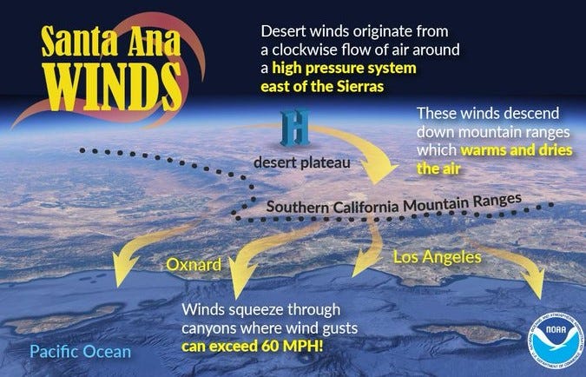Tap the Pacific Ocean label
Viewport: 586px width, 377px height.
79,352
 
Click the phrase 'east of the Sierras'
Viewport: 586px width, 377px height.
323,87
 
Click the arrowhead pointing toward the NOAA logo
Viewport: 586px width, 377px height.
531,292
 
